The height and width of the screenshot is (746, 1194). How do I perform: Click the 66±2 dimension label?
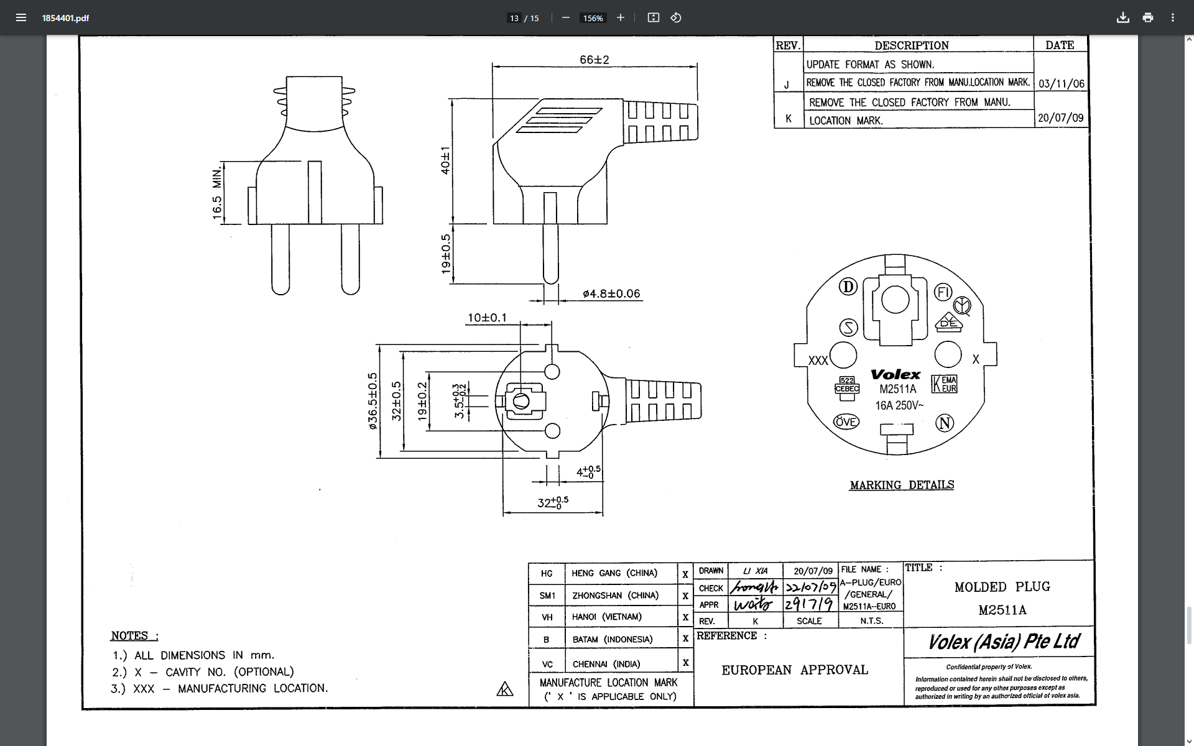[x=594, y=60]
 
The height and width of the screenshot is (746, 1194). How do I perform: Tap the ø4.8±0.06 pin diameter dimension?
[x=611, y=294]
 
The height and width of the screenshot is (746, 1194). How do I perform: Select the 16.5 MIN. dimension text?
[x=217, y=193]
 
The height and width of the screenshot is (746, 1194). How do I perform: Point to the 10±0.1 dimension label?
[x=487, y=318]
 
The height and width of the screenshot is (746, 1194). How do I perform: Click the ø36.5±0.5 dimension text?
[x=373, y=401]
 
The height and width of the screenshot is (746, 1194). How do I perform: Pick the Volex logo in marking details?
[x=895, y=374]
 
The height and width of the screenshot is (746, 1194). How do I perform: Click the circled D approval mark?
[x=848, y=287]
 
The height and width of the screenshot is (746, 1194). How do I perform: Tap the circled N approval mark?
[x=945, y=423]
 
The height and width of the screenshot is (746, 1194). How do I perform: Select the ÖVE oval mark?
[x=846, y=422]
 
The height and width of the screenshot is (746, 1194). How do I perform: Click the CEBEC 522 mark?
[x=846, y=385]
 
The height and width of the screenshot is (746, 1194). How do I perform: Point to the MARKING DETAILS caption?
[x=902, y=485]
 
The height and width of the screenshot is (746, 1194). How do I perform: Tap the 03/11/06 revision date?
[x=1061, y=84]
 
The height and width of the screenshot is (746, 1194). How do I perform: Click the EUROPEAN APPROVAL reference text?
[x=794, y=670]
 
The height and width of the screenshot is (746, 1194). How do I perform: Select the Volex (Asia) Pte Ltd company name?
[x=1004, y=642]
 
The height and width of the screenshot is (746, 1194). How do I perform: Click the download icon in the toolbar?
[x=1122, y=17]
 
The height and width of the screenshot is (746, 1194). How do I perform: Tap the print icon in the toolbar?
[x=1147, y=17]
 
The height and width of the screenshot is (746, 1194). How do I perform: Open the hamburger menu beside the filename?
[x=21, y=17]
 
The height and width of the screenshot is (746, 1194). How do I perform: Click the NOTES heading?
[x=134, y=635]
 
